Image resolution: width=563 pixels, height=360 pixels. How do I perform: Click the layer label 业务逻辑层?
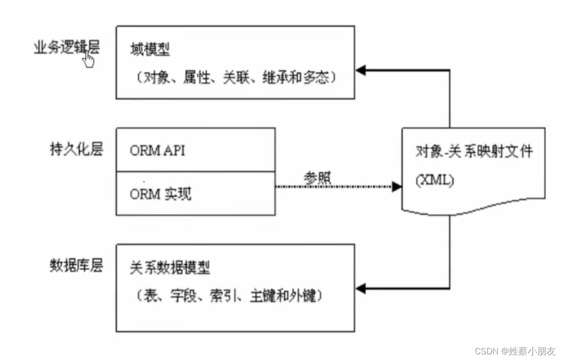tap(67, 48)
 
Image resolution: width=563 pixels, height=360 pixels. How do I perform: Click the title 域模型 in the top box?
tap(150, 49)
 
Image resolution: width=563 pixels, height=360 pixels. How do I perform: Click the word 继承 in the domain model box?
tap(279, 77)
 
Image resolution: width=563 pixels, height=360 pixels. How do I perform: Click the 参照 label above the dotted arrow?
tap(317, 177)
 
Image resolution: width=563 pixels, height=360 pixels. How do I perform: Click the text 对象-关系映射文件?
tap(473, 152)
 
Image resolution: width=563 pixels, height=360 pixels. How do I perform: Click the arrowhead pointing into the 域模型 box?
tap(361, 71)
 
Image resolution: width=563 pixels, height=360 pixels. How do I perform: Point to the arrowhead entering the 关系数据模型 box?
tap(361, 287)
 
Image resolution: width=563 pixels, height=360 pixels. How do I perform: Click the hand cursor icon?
tap(88, 59)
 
